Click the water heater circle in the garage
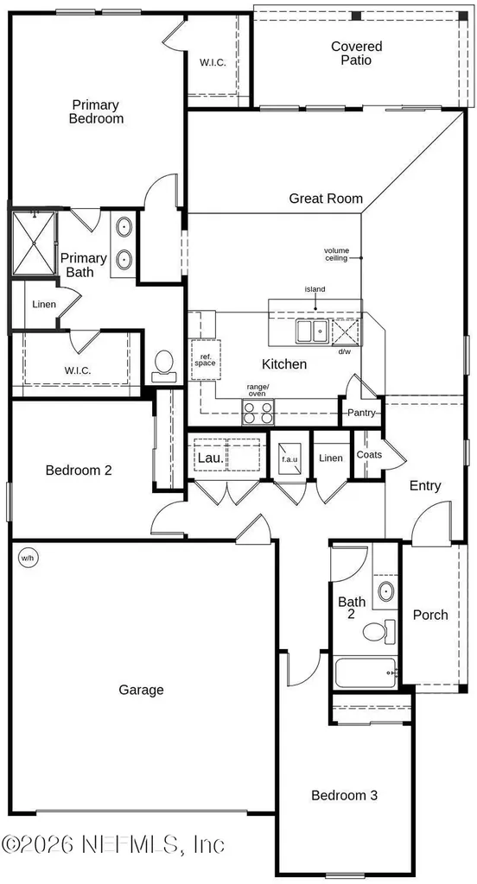click(x=28, y=559)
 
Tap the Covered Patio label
click(x=356, y=53)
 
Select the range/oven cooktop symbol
click(x=258, y=412)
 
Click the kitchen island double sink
click(x=312, y=331)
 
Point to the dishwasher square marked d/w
click(x=344, y=331)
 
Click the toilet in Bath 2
click(x=379, y=631)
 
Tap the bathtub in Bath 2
click(x=366, y=672)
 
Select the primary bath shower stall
click(x=34, y=243)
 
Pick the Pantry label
click(x=361, y=413)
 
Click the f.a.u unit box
click(x=289, y=458)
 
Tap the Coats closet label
click(x=369, y=454)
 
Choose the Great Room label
click(x=326, y=199)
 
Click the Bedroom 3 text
click(x=344, y=795)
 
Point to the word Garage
click(x=141, y=690)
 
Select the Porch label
click(x=430, y=615)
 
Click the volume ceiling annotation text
click(x=336, y=255)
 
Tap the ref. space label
click(x=205, y=360)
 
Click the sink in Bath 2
click(x=386, y=591)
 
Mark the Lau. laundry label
click(x=210, y=458)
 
